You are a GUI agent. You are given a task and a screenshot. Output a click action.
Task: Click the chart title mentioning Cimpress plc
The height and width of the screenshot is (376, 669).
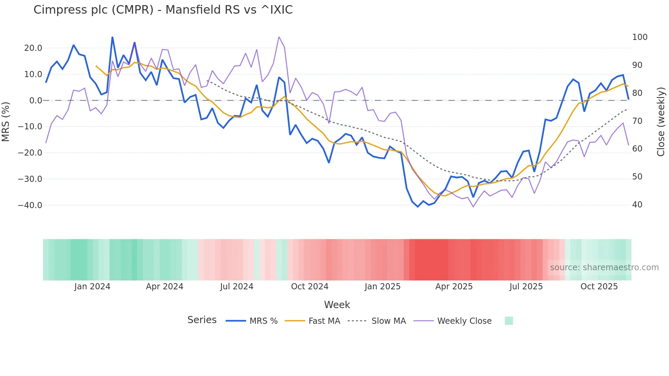click(163, 10)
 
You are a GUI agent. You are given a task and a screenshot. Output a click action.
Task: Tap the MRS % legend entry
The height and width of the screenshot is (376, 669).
click(263, 321)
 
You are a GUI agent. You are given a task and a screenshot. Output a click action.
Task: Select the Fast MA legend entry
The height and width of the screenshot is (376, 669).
click(324, 321)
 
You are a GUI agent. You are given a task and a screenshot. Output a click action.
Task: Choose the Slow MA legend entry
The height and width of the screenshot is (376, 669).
click(388, 321)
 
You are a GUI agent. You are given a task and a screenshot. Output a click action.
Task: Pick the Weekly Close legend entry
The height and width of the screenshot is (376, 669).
click(464, 321)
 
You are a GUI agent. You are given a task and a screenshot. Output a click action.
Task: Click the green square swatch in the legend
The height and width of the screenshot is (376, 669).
click(509, 321)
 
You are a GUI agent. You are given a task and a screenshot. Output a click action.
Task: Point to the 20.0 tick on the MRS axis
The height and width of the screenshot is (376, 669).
click(33, 48)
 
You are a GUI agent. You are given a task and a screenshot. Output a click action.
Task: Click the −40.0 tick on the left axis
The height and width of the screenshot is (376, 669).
click(30, 205)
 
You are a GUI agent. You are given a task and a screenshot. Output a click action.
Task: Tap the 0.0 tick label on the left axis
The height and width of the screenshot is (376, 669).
click(36, 101)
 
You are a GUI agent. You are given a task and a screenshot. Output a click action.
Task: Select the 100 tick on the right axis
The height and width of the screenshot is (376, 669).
click(639, 37)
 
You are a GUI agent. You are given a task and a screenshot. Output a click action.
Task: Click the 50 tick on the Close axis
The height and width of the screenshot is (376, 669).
click(637, 177)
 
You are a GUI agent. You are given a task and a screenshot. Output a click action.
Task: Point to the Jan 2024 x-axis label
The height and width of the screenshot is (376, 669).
click(92, 287)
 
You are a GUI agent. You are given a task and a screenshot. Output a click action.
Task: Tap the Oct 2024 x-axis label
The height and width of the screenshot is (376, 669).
click(310, 287)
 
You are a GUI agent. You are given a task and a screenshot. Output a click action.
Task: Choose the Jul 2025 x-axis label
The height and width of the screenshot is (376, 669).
click(526, 287)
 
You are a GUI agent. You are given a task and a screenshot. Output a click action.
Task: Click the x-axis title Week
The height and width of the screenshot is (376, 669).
click(337, 305)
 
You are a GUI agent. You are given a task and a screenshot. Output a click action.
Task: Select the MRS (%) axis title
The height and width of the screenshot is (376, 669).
click(6, 121)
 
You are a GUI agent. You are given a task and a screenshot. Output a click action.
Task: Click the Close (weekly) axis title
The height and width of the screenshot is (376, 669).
click(661, 121)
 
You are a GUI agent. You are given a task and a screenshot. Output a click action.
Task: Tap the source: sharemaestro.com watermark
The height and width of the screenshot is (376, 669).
click(604, 267)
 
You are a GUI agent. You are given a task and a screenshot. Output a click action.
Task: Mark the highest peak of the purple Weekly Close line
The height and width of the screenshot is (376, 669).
click(279, 37)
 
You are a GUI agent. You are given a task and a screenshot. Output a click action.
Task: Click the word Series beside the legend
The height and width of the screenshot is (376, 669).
click(202, 320)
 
